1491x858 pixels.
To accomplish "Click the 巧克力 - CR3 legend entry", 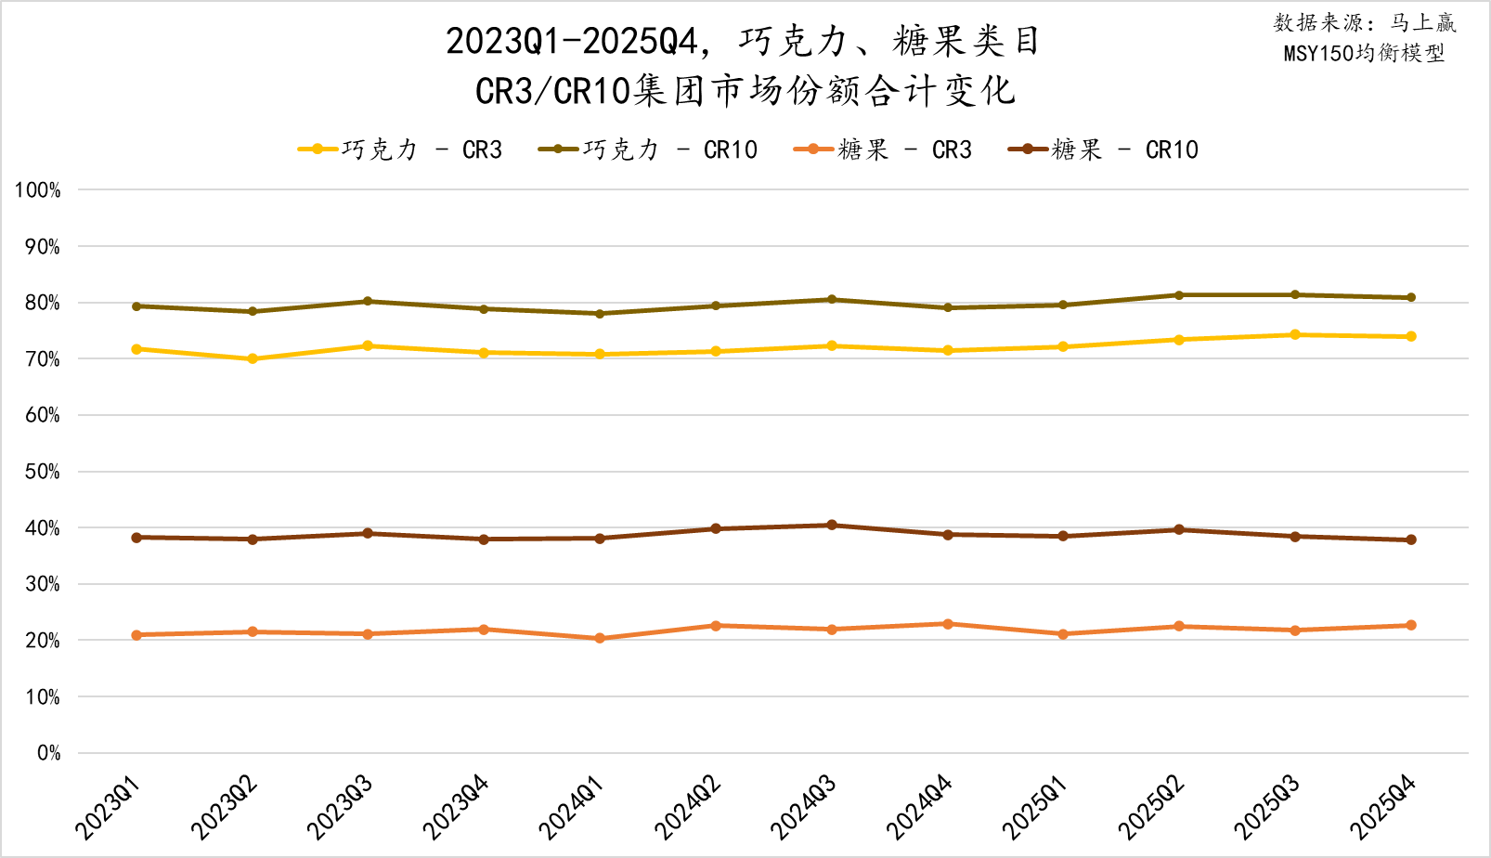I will click(x=400, y=149).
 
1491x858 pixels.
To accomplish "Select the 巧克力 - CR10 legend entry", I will click(x=648, y=149).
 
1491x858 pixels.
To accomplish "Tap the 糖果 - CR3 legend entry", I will click(x=883, y=149).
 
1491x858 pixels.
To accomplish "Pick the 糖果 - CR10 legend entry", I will click(x=1103, y=149).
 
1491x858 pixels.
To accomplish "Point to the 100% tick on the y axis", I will click(x=37, y=190).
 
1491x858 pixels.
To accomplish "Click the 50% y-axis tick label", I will click(x=42, y=472).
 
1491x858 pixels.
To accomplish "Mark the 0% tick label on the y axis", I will click(x=48, y=753).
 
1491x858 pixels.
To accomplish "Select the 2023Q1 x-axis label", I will click(x=109, y=807).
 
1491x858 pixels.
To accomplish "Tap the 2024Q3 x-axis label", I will click(x=804, y=807).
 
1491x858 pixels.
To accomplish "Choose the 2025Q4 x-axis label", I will click(x=1383, y=807).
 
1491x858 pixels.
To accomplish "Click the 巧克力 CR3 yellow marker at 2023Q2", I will click(x=253, y=358).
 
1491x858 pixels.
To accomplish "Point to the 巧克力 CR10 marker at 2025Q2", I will click(x=1179, y=295).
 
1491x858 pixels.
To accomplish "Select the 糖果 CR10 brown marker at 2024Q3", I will click(x=832, y=526).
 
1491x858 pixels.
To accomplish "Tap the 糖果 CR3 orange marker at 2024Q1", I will click(x=600, y=638).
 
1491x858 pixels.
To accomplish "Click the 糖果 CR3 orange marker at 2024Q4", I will click(x=948, y=624).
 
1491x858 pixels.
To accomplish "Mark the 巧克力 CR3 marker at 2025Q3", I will click(x=1295, y=334).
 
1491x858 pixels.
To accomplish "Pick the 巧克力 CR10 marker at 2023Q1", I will click(x=136, y=305).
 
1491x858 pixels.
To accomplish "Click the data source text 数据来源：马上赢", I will click(x=1365, y=23).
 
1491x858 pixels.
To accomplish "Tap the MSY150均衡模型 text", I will click(x=1365, y=53).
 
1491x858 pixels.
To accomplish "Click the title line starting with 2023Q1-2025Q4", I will click(x=743, y=41).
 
